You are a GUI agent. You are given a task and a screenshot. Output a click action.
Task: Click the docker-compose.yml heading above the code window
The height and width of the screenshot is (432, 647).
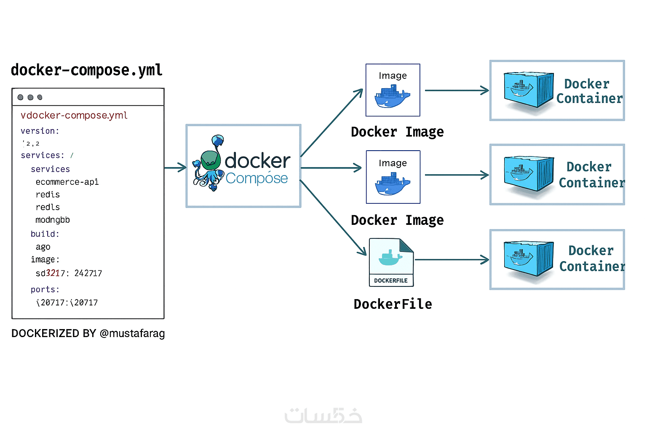coord(87,70)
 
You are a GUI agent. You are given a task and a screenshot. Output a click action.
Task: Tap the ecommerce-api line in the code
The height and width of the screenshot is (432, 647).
coord(67,182)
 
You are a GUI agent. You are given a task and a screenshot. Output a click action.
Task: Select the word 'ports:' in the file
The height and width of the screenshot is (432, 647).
coord(45,289)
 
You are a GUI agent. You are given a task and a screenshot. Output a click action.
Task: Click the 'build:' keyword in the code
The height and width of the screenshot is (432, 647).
coord(45,234)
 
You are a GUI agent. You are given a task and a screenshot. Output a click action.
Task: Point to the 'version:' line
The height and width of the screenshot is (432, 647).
coord(40,131)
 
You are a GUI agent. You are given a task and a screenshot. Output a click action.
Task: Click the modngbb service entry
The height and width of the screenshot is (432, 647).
coord(53,220)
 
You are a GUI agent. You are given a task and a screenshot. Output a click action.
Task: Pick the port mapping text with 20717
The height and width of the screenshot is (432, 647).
coord(67,302)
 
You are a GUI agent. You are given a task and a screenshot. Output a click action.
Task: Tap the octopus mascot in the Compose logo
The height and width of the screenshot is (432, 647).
coord(209,165)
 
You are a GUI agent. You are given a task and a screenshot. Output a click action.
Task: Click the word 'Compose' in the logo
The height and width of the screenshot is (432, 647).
coord(257,178)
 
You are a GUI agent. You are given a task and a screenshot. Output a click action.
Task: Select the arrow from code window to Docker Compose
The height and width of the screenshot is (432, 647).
coord(175,168)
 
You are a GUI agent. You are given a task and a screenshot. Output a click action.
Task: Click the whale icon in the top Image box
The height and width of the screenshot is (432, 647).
coord(392,97)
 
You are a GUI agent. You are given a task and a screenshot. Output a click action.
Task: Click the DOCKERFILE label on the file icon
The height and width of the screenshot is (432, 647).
coord(391,281)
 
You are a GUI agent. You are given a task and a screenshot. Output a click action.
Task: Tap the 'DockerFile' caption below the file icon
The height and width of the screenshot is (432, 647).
coord(393,304)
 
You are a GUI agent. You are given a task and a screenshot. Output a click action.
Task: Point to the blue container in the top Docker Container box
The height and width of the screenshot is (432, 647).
coord(528,89)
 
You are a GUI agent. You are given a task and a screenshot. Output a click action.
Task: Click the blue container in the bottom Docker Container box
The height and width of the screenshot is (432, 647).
coord(528,258)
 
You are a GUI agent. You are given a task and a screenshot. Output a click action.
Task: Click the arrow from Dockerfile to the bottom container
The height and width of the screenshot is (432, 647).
coord(452,260)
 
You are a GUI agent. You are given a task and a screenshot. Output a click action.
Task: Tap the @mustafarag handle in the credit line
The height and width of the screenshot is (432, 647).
coord(132,333)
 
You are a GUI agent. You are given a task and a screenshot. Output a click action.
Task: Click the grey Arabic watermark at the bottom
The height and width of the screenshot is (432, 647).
coord(323,416)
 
